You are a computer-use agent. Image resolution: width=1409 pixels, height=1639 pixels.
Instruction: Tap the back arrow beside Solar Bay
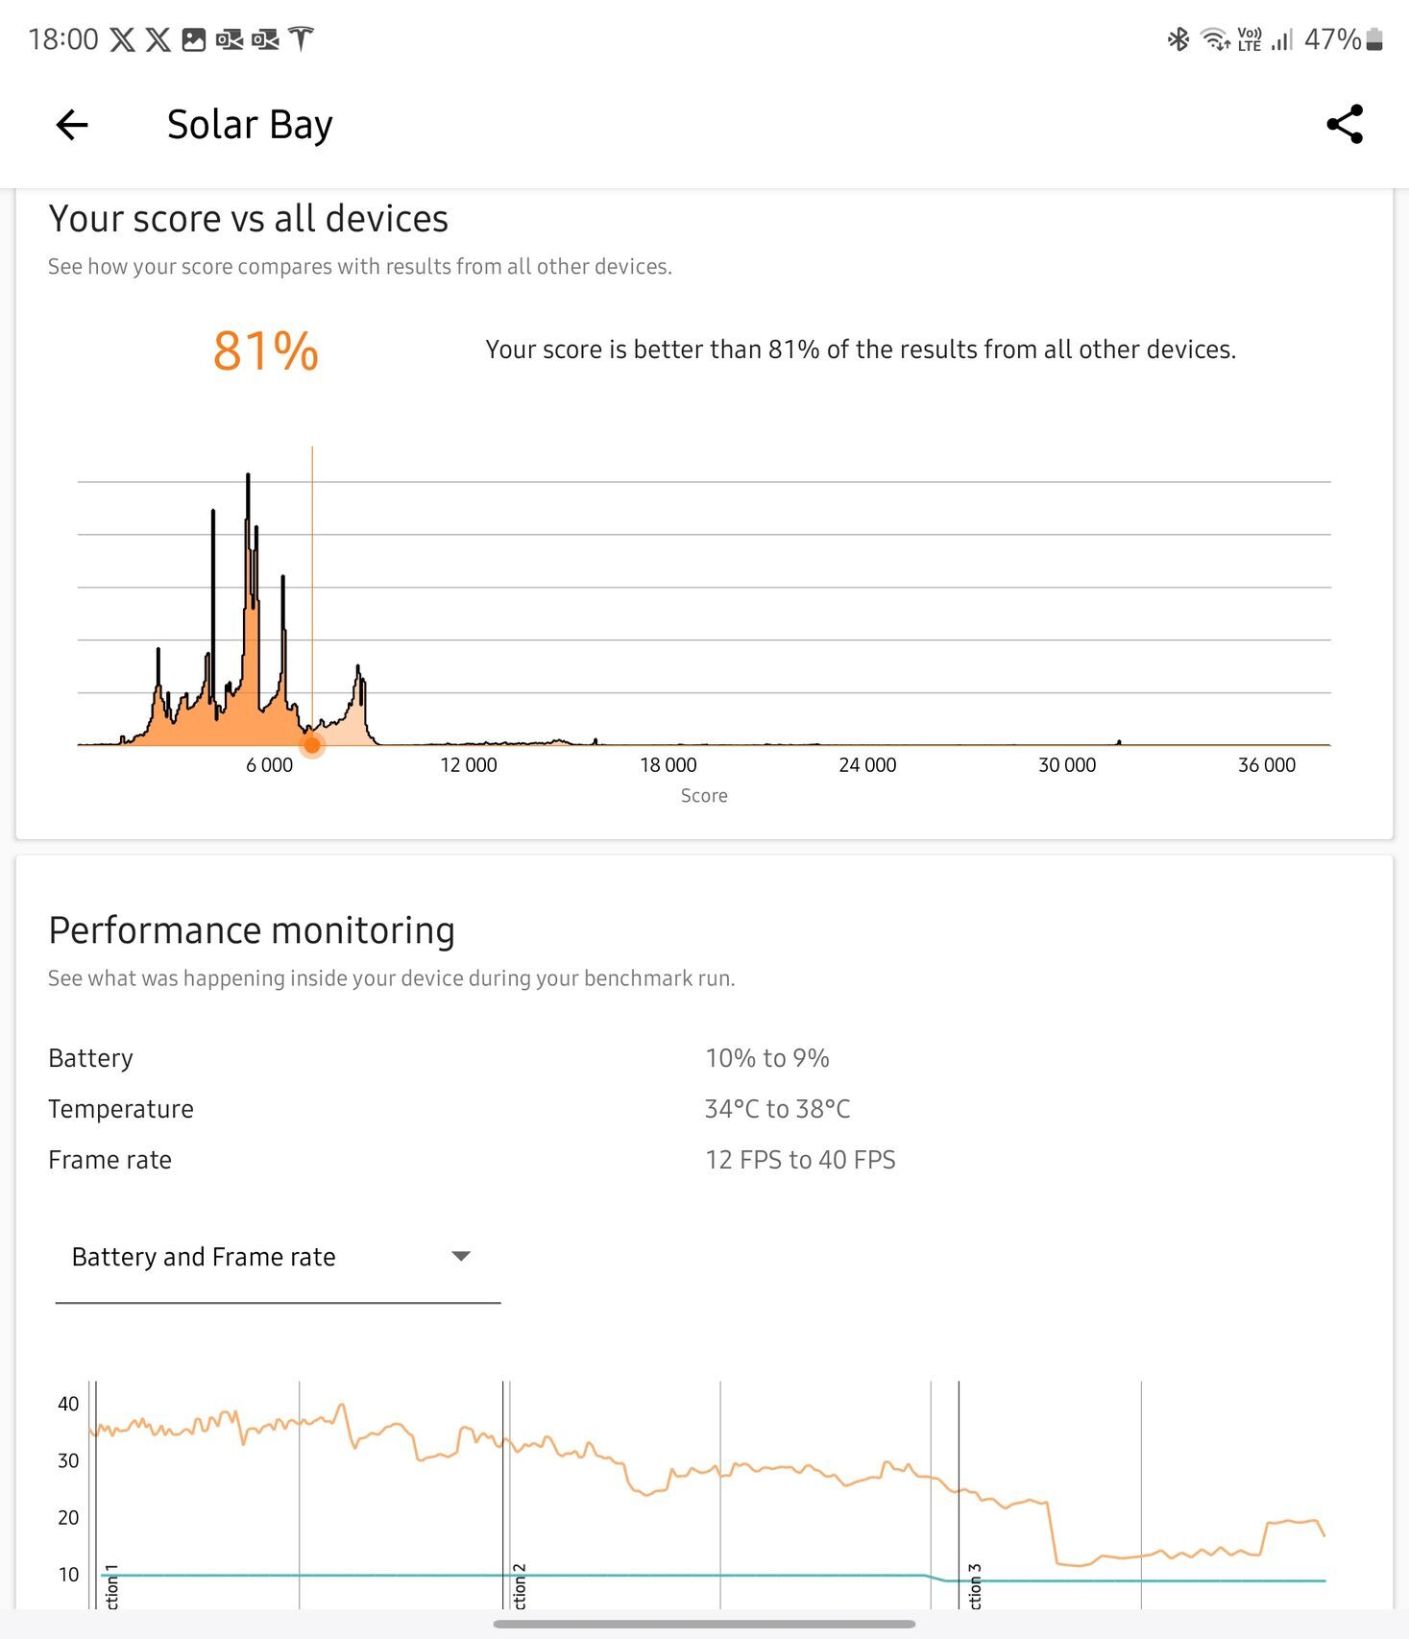pyautogui.click(x=72, y=125)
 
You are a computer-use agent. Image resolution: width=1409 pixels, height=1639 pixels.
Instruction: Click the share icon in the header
pyautogui.click(x=1345, y=125)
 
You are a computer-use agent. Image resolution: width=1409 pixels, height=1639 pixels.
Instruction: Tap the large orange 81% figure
pyautogui.click(x=265, y=350)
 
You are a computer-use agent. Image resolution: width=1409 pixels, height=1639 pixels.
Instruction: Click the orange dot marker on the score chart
pyautogui.click(x=312, y=744)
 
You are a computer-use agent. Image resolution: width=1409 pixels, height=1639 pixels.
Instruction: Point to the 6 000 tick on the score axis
pyautogui.click(x=269, y=765)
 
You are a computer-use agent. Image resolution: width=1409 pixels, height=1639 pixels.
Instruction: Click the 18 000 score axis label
pyautogui.click(x=668, y=765)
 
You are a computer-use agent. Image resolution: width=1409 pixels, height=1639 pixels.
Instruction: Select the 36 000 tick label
pyautogui.click(x=1266, y=765)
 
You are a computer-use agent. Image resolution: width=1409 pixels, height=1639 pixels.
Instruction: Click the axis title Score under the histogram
pyautogui.click(x=704, y=796)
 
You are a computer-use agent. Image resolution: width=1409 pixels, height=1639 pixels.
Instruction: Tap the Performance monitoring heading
pyautogui.click(x=252, y=930)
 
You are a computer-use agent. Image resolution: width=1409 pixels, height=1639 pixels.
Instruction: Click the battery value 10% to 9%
pyautogui.click(x=766, y=1058)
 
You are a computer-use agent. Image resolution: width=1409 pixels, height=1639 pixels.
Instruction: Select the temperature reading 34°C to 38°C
pyautogui.click(x=777, y=1109)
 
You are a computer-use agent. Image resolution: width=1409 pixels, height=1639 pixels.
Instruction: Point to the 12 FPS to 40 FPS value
pyautogui.click(x=800, y=1160)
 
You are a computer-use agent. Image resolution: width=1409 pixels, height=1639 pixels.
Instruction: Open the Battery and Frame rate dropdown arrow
pyautogui.click(x=461, y=1256)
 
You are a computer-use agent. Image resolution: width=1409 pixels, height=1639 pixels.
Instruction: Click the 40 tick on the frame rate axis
pyautogui.click(x=68, y=1404)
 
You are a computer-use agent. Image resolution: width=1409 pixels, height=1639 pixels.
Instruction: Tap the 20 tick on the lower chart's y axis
pyautogui.click(x=68, y=1517)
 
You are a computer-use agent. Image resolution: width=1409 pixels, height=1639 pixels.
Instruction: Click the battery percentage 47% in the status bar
pyautogui.click(x=1331, y=39)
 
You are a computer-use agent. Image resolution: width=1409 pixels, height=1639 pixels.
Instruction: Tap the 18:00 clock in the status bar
pyautogui.click(x=63, y=39)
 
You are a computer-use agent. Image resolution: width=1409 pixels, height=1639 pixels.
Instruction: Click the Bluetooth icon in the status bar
pyautogui.click(x=1178, y=39)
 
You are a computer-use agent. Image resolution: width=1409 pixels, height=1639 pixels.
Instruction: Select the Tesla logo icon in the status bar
pyautogui.click(x=302, y=39)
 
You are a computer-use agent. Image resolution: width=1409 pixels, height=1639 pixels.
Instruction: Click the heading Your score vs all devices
pyautogui.click(x=248, y=219)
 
